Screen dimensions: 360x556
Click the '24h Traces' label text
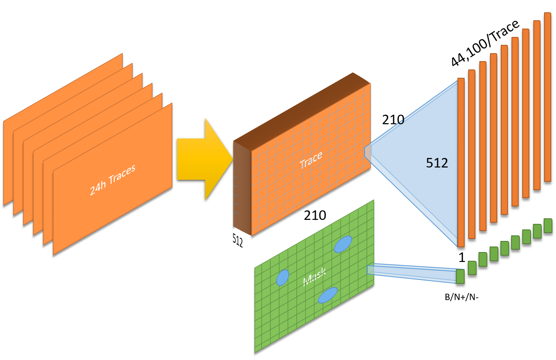(112, 180)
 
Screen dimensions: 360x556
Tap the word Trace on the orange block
(311, 160)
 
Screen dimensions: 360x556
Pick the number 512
(437, 163)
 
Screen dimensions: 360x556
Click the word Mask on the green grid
(315, 277)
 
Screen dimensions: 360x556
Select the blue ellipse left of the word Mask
(283, 277)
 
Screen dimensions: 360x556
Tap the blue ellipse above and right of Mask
(343, 244)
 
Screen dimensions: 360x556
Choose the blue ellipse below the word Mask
(328, 295)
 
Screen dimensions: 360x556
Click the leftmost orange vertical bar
(461, 162)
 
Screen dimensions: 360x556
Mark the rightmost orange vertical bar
(548, 97)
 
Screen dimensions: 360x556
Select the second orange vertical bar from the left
(472, 154)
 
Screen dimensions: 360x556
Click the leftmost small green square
(460, 276)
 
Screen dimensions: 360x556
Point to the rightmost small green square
(548, 225)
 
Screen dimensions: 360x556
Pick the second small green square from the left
(472, 268)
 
